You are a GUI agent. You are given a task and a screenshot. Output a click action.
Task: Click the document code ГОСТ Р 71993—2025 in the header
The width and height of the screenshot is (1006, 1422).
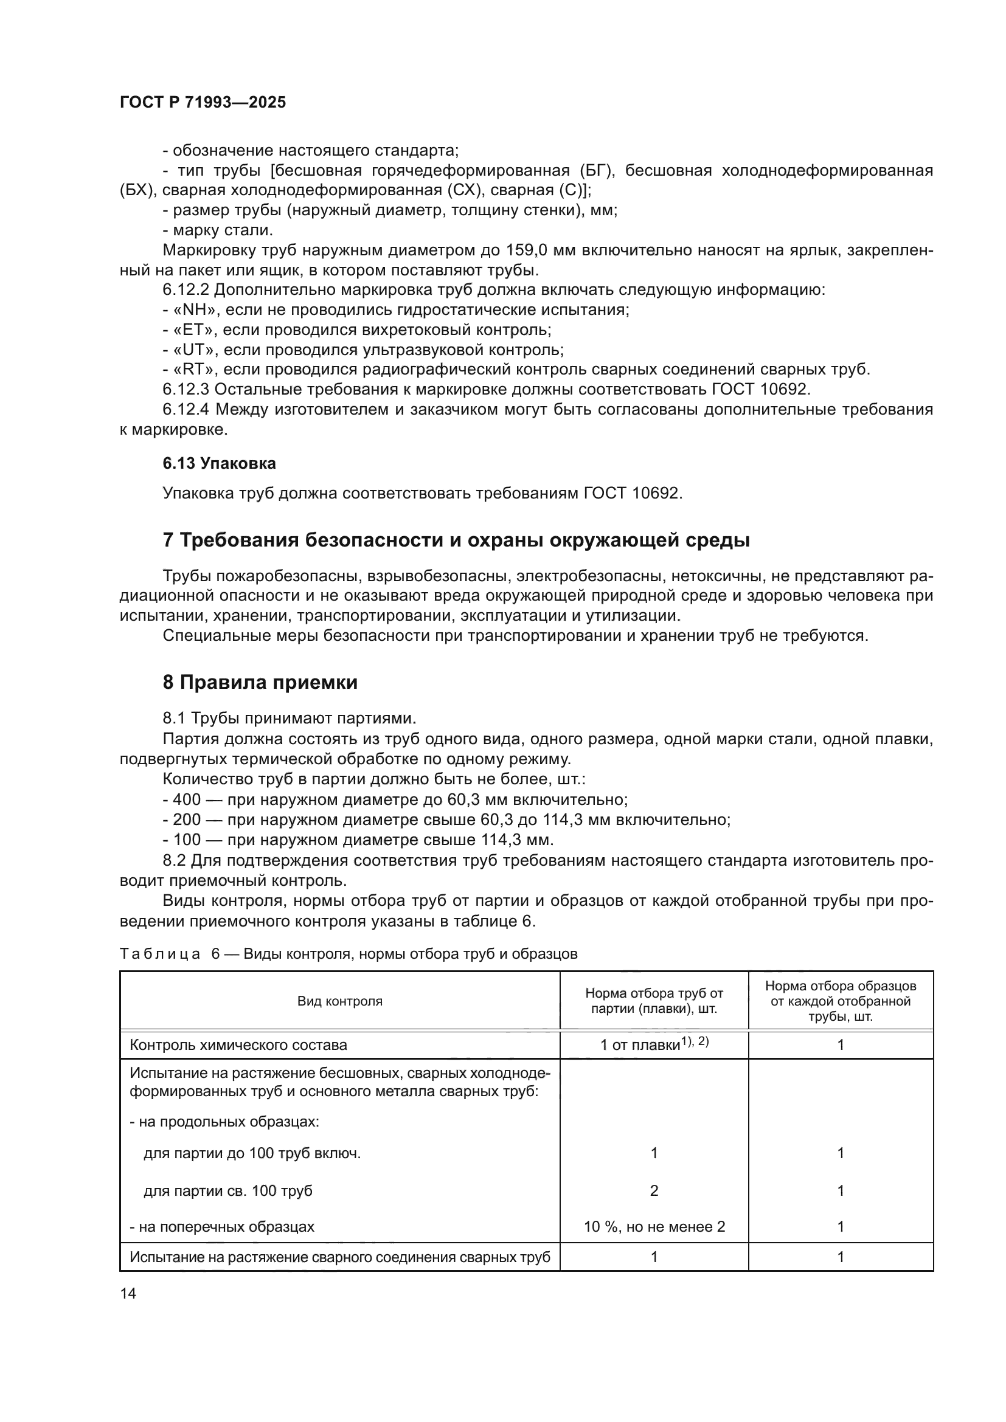(x=203, y=103)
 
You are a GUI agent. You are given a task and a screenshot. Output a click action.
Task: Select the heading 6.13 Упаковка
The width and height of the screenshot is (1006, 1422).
(x=219, y=463)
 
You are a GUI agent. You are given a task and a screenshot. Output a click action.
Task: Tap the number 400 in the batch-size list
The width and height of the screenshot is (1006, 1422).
(x=187, y=799)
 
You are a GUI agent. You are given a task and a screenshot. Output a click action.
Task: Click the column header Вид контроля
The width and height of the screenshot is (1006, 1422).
(x=339, y=1001)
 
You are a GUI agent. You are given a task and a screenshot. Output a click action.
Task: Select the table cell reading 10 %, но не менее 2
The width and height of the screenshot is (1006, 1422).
(x=654, y=1226)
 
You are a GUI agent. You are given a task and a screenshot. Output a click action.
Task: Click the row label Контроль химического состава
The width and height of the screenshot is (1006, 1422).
(x=238, y=1046)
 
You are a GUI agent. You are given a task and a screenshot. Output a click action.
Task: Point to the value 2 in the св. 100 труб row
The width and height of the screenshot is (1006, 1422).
(x=654, y=1190)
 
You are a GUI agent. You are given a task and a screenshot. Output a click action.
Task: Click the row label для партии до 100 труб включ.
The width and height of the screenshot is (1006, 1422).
(x=252, y=1153)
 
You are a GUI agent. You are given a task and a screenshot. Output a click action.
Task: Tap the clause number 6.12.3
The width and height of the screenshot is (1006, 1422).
(x=187, y=390)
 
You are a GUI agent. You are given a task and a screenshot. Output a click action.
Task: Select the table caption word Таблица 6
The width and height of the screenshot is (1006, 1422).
(x=170, y=954)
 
